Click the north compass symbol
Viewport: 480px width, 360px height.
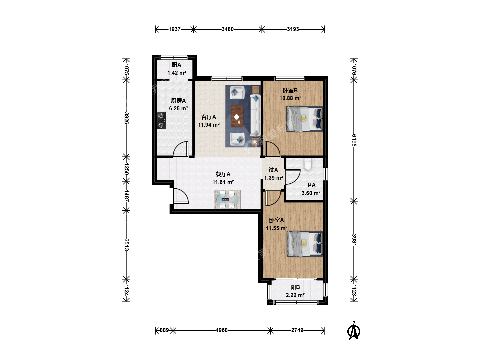354,331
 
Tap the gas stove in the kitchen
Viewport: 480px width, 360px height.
161,120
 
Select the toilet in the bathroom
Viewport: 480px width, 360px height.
307,164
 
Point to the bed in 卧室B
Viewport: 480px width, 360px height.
305,119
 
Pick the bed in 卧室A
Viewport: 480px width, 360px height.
305,244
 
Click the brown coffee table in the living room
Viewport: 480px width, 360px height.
237,116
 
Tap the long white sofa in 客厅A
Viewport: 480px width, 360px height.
255,115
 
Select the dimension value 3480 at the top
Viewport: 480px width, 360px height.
227,29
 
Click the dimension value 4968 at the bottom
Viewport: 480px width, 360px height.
222,330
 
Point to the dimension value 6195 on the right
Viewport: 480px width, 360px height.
354,140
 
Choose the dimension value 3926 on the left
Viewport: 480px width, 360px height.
126,118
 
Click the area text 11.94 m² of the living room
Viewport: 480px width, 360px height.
209,125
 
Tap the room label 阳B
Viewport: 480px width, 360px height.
295,287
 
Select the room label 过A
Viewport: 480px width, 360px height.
273,170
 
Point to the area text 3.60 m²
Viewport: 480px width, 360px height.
311,193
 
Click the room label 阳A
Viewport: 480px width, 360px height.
176,65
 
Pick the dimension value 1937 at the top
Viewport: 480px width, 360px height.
175,29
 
